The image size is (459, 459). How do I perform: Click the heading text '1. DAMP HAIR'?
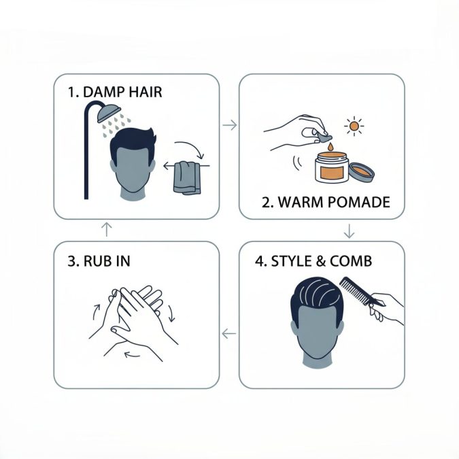tap(115, 91)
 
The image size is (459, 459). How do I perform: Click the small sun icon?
tap(353, 126)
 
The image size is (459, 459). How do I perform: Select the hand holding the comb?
tap(388, 307)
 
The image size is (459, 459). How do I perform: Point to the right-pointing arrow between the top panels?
tap(229, 125)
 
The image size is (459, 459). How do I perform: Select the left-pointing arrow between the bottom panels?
tap(229, 333)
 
